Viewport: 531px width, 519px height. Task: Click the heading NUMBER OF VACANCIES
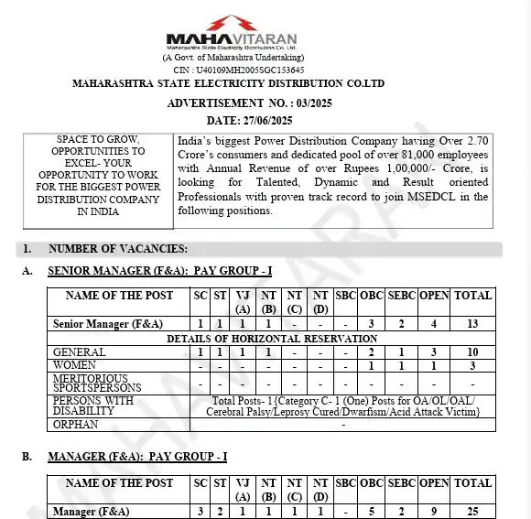[118, 248]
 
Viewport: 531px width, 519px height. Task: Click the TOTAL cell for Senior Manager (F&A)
[473, 324]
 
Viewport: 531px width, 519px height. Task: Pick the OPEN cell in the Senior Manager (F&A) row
[434, 324]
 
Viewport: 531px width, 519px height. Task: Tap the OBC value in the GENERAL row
[371, 352]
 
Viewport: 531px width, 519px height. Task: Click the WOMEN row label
[75, 365]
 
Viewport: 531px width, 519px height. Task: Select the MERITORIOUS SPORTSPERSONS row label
[97, 383]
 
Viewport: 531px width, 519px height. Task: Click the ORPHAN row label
[77, 425]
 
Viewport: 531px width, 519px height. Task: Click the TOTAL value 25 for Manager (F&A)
[473, 512]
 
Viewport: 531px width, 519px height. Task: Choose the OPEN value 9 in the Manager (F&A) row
[434, 512]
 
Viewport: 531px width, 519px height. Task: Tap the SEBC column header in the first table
[401, 295]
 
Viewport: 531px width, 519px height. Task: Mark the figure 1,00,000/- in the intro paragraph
[391, 169]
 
